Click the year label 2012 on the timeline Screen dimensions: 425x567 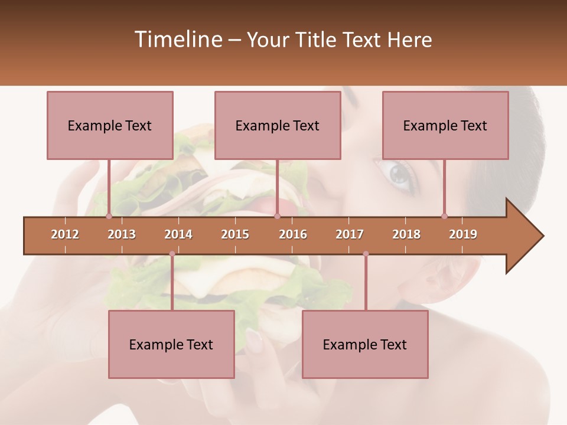click(65, 234)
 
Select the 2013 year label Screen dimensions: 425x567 click(122, 234)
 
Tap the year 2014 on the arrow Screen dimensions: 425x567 click(178, 234)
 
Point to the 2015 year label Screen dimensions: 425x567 click(235, 234)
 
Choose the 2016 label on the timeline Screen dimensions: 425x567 click(293, 234)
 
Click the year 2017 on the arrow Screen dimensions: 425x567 click(350, 234)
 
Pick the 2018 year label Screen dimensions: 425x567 click(406, 234)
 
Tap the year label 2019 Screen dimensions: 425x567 click(463, 234)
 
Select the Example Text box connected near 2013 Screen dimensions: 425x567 click(110, 125)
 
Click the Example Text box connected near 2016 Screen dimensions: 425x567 click(278, 125)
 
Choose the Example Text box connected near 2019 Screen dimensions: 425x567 click(445, 125)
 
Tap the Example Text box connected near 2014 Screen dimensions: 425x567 click(171, 344)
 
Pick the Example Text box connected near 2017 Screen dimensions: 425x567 click(365, 344)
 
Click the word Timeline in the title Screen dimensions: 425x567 click(177, 40)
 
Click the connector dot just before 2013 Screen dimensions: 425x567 click(109, 216)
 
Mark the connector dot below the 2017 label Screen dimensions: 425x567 click(366, 254)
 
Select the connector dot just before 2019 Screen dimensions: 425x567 click(444, 216)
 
